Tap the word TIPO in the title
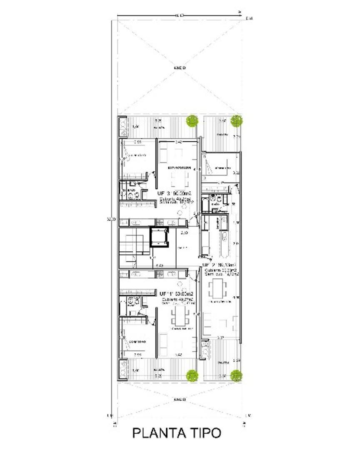click(204, 433)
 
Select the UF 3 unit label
click(163, 193)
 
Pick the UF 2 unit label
click(210, 265)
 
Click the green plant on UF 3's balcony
click(192, 121)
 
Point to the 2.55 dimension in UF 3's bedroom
click(138, 142)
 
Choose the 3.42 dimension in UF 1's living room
click(179, 355)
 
